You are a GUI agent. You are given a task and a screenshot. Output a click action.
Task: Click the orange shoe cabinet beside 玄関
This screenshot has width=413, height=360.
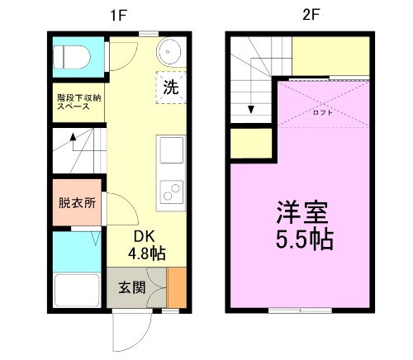coord(178,287)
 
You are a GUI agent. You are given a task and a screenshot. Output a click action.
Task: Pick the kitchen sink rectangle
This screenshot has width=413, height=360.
coord(173,151)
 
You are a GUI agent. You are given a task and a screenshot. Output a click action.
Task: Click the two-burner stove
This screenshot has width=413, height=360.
coord(172,193)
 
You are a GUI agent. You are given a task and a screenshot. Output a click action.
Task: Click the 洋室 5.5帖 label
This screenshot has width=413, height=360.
coord(304,225)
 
